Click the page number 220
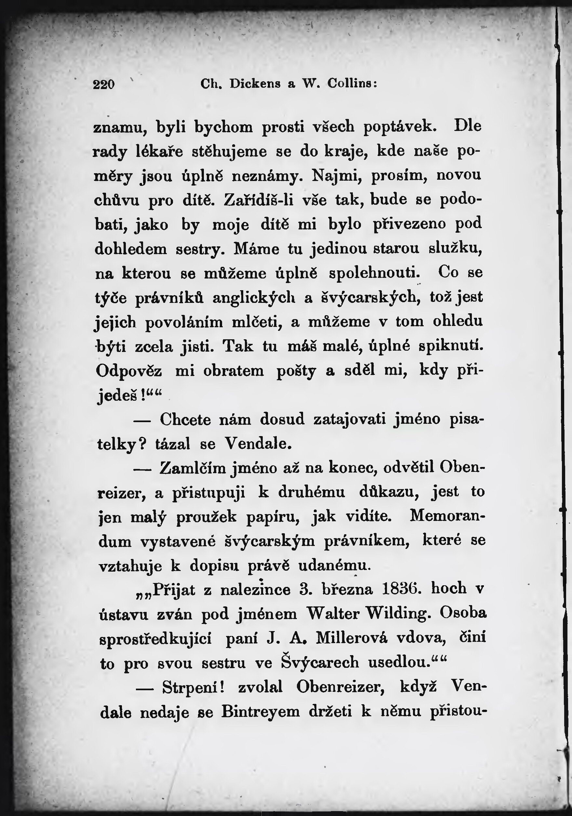tap(104, 84)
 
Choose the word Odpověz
tap(129, 371)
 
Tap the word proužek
tap(206, 517)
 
